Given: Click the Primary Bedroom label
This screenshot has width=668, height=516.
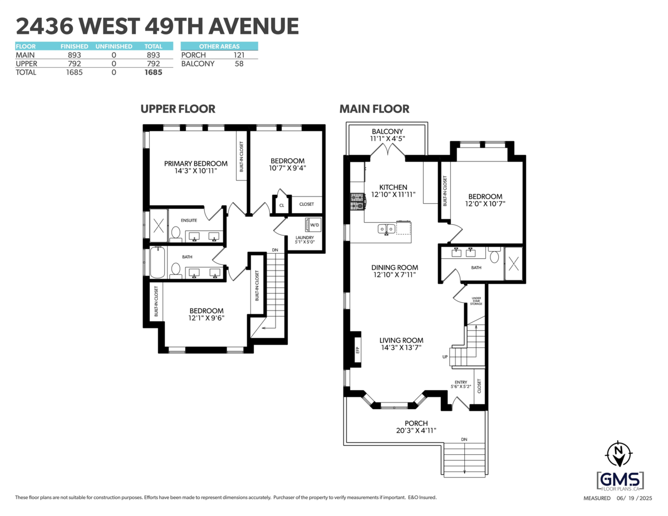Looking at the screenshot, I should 195,164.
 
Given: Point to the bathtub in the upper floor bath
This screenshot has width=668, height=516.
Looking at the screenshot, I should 157,263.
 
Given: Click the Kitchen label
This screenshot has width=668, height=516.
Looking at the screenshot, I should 393,188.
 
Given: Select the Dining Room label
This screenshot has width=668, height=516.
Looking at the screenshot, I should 394,268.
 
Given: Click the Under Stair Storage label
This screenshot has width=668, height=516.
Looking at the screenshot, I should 475,301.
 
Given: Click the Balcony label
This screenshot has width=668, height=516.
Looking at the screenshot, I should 387,131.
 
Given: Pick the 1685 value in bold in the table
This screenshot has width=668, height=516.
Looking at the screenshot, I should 153,72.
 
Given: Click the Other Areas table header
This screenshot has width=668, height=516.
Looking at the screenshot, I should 219,46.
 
